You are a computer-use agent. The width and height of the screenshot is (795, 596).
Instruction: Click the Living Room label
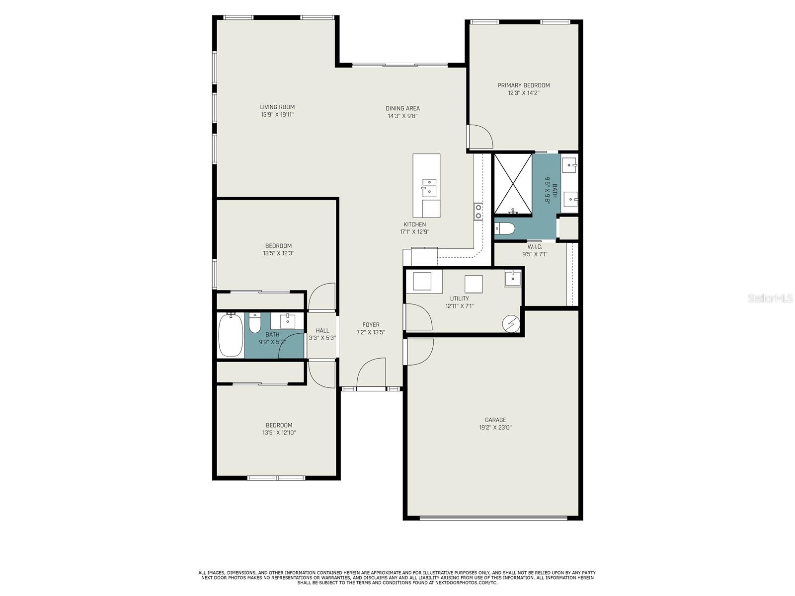click(x=277, y=107)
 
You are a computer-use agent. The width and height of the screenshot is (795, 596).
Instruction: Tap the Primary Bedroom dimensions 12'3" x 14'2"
click(x=523, y=93)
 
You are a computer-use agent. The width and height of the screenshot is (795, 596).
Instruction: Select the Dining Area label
click(x=402, y=108)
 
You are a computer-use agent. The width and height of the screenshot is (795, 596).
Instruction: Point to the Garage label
click(x=495, y=420)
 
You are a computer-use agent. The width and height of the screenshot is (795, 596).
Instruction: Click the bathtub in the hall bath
click(x=231, y=335)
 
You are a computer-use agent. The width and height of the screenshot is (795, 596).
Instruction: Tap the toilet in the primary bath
click(x=504, y=228)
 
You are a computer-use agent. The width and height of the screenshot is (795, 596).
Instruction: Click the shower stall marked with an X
click(x=513, y=184)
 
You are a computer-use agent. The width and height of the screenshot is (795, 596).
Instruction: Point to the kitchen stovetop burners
click(x=478, y=212)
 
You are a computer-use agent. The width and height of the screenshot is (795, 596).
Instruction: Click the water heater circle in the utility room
click(x=511, y=324)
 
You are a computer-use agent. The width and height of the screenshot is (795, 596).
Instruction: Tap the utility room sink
click(x=512, y=278)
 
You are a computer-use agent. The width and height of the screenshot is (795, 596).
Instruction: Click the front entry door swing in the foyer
click(x=371, y=372)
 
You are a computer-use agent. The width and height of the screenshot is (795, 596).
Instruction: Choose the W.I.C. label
click(x=535, y=247)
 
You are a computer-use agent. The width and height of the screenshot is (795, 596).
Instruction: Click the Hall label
click(x=322, y=330)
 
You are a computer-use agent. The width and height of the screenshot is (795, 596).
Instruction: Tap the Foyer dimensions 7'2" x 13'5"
click(x=371, y=332)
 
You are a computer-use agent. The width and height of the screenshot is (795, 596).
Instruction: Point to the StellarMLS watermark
click(x=770, y=298)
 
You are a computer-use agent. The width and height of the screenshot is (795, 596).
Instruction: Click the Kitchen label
click(x=415, y=224)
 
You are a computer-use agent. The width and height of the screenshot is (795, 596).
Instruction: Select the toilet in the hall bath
click(x=254, y=322)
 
